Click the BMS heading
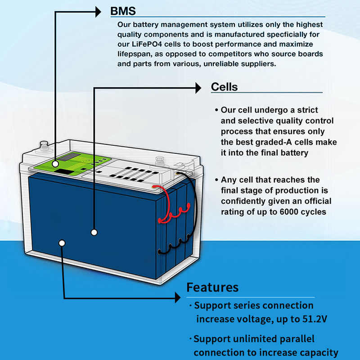123,11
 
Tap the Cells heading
224,86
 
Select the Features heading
212,287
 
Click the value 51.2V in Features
312,319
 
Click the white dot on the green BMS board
55,163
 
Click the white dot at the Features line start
62,243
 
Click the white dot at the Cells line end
94,232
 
